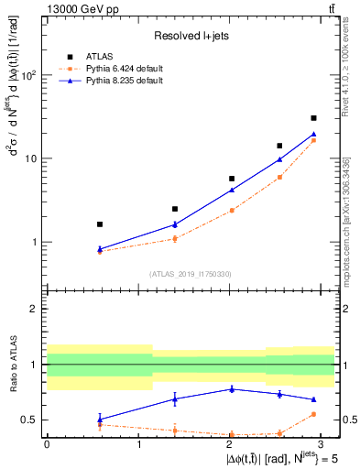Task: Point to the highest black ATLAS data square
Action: (313, 118)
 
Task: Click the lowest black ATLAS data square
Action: (100, 224)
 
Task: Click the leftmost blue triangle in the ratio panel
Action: (100, 420)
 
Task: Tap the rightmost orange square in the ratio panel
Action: (313, 414)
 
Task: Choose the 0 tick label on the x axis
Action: (47, 443)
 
